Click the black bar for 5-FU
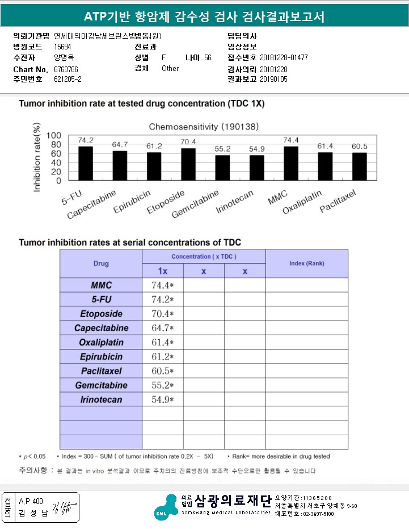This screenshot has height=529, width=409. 85,163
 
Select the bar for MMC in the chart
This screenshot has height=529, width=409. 290,163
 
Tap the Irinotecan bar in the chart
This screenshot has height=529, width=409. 257,168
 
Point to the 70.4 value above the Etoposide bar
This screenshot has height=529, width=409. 188,142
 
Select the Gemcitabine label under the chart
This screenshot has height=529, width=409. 195,203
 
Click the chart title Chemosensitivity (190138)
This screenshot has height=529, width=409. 205,126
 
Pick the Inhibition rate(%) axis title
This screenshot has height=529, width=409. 37,157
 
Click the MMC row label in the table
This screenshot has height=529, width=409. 101,285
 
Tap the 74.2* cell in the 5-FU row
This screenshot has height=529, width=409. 162,299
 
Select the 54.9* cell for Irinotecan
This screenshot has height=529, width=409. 162,400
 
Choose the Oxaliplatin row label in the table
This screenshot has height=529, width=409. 101,343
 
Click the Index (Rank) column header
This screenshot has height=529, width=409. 306,264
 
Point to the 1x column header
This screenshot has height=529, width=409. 162,272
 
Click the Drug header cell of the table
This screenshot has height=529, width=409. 101,264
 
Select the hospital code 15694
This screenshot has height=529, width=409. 63,47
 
